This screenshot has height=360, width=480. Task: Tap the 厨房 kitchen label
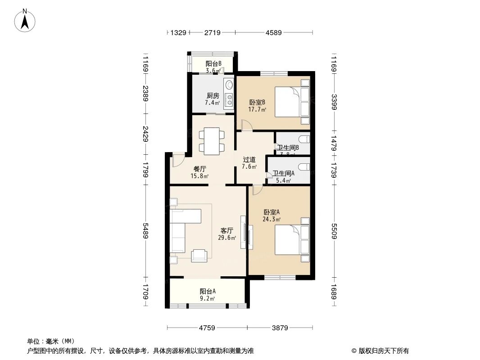(213, 95)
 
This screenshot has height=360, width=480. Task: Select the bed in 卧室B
(292, 102)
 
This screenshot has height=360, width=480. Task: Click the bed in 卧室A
(292, 240)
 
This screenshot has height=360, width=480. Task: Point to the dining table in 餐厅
(211, 141)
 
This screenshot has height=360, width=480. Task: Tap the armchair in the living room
(200, 256)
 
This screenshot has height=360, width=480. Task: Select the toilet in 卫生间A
(304, 167)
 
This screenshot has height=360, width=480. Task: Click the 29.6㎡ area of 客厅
(226, 238)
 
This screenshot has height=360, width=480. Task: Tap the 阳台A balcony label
(207, 291)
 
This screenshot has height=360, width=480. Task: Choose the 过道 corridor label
(249, 159)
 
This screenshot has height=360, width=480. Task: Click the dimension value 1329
(178, 32)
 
